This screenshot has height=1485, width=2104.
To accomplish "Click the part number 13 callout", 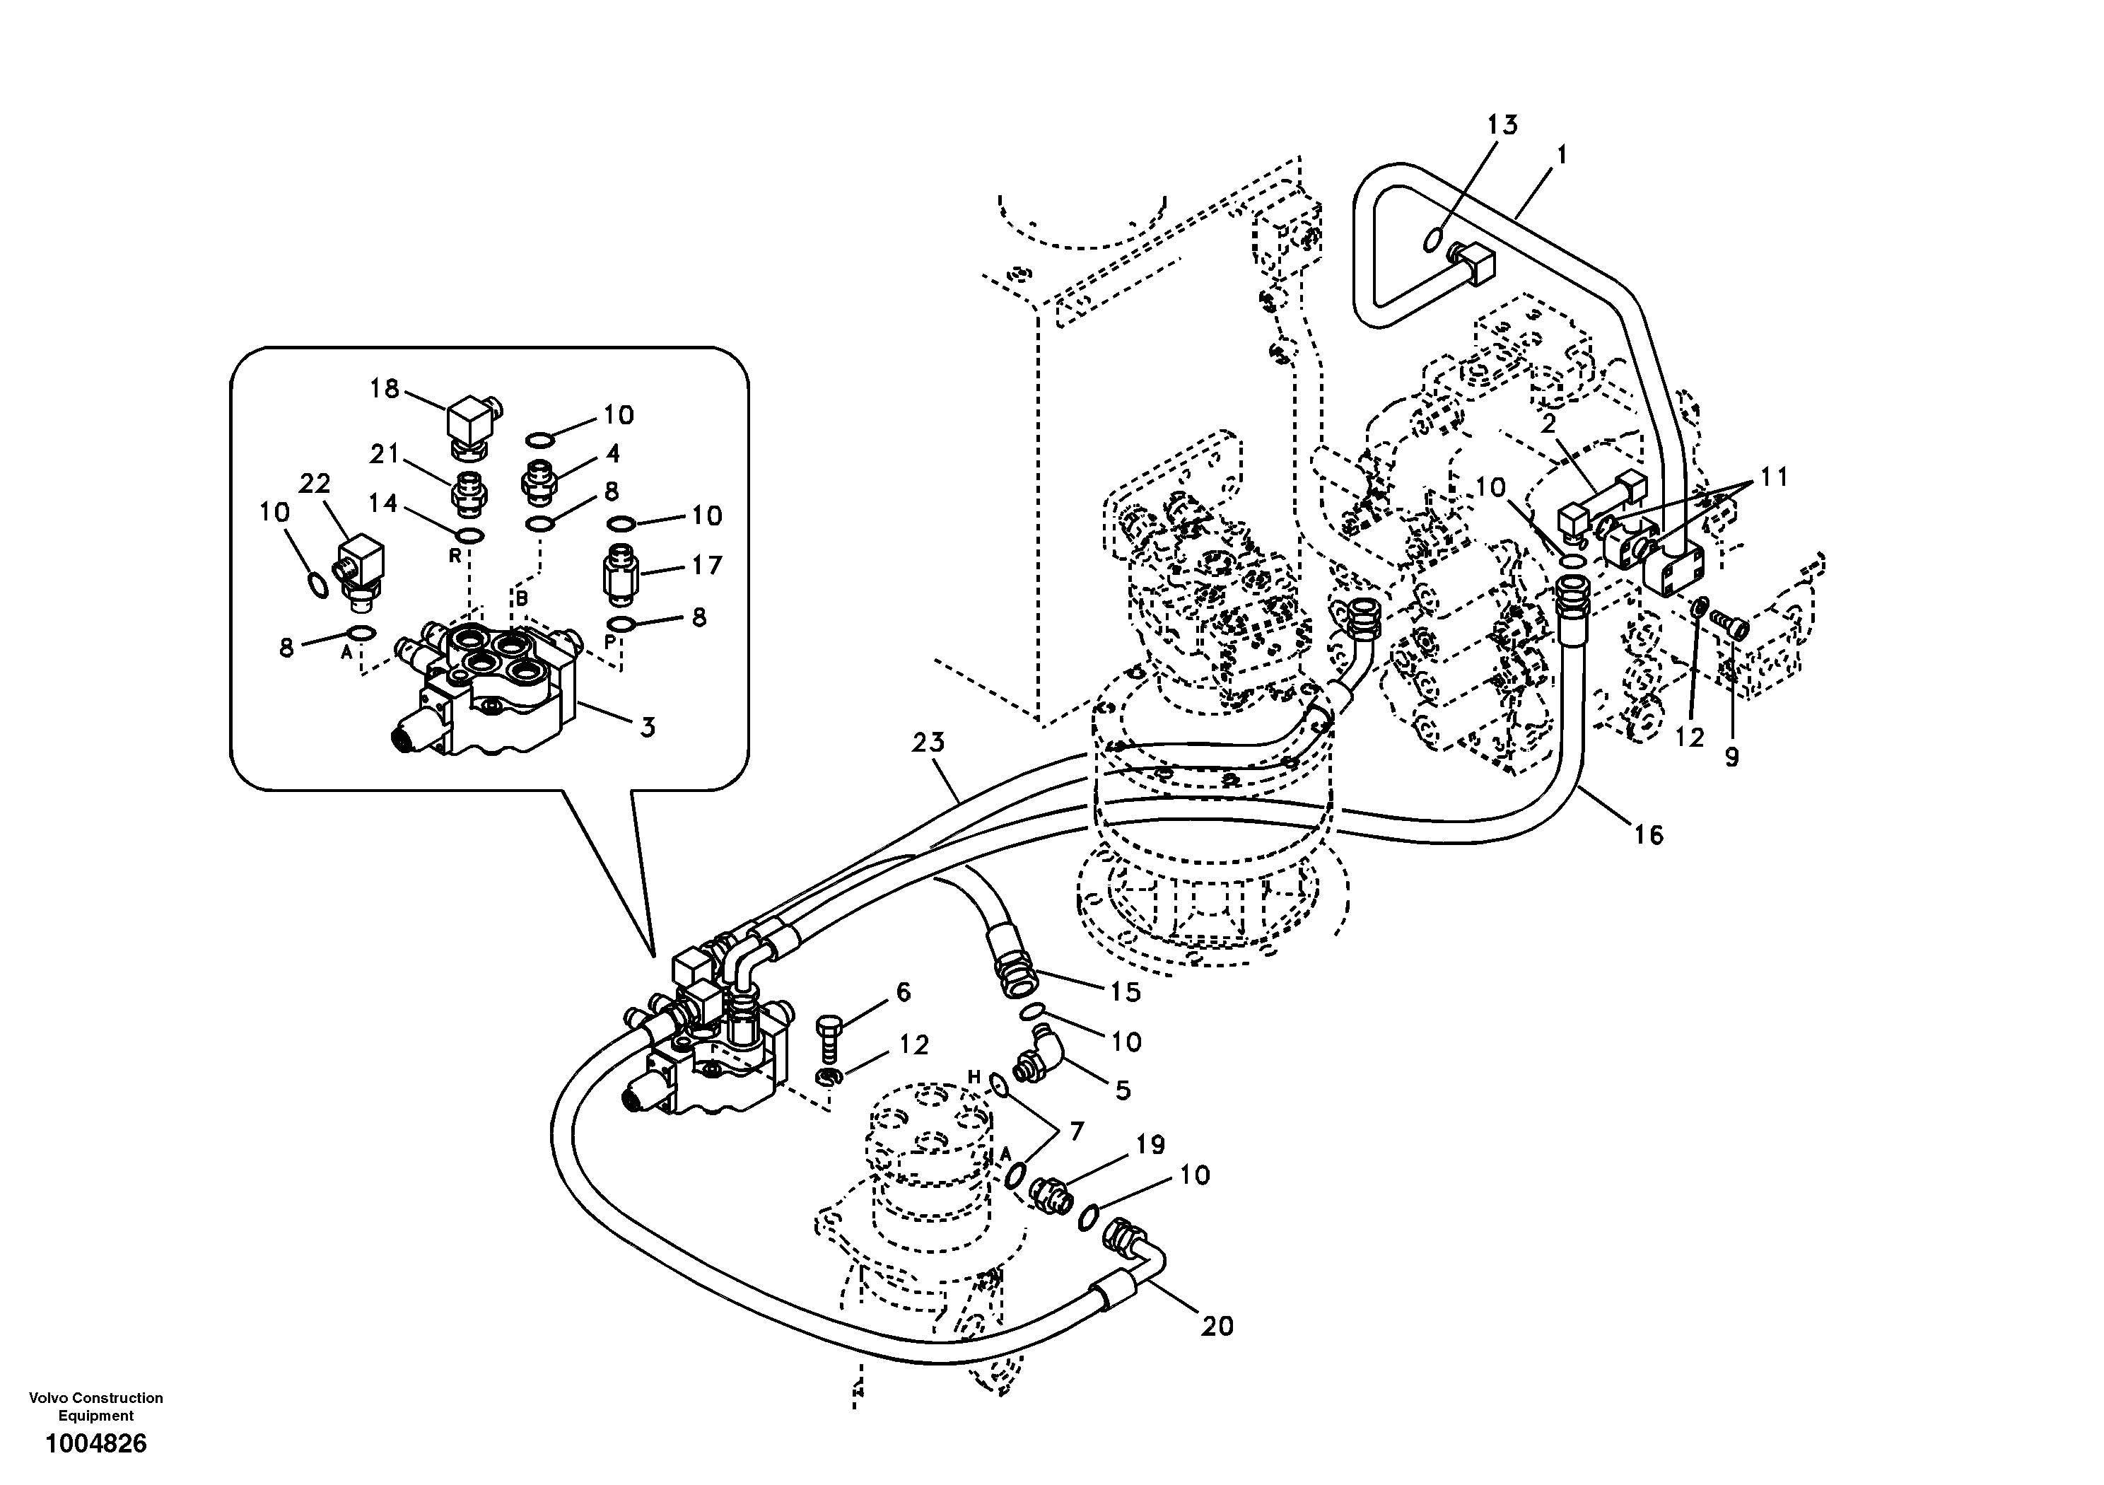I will [x=1502, y=124].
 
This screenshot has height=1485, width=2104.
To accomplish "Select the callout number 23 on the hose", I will [x=928, y=742].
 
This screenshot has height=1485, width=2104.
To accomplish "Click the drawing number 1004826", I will [x=96, y=1444].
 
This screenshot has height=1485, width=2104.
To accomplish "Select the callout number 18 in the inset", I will [x=384, y=389].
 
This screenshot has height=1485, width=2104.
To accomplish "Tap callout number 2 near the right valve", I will [x=1549, y=424].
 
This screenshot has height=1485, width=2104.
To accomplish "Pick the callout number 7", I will [x=1076, y=1131].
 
